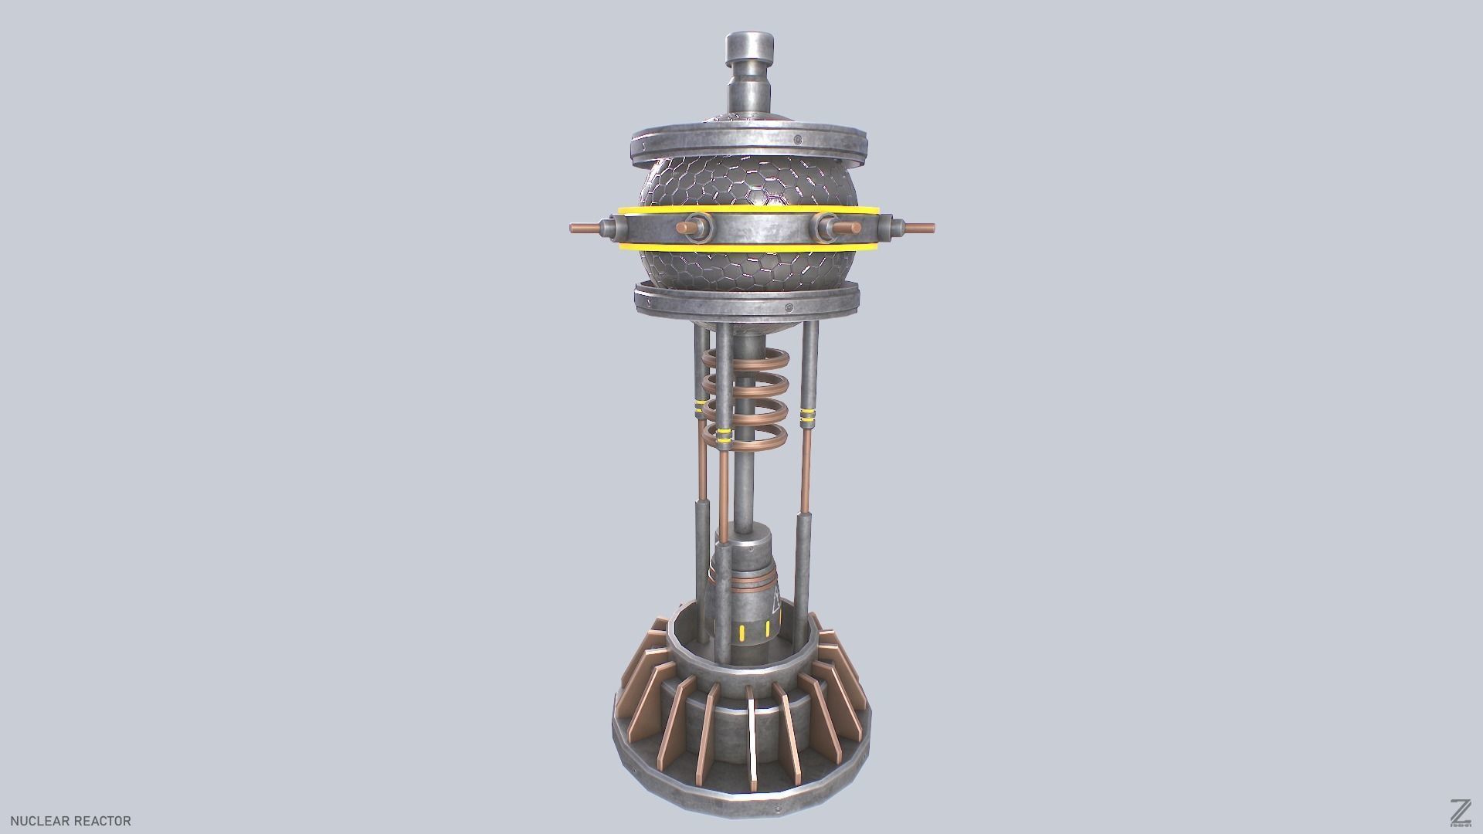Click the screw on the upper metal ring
796,140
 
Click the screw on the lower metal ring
788,308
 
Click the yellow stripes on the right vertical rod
808,417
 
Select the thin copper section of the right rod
808,471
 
